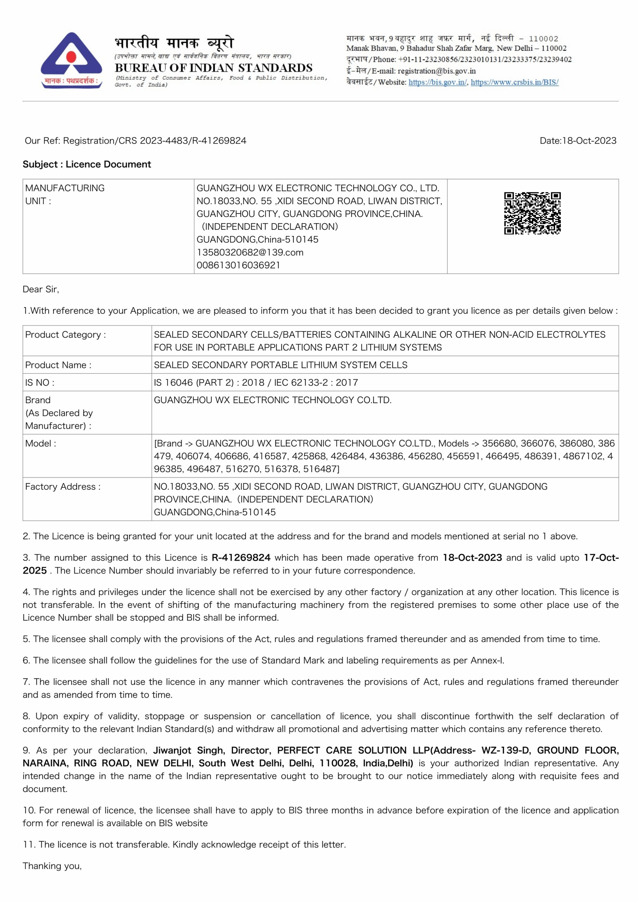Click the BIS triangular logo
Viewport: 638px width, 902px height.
coord(71,60)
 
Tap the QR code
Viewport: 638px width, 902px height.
coord(532,213)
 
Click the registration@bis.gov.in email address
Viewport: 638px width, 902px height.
coord(436,71)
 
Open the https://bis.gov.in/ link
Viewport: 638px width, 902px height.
coord(437,82)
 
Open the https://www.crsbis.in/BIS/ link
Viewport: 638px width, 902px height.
coord(514,82)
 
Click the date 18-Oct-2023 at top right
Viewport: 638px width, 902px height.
coord(589,141)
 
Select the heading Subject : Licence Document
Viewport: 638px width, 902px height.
coord(86,164)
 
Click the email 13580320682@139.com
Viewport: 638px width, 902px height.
coord(250,252)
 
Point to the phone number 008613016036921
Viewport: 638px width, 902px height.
coord(238,265)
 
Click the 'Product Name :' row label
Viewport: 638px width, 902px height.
coord(58,365)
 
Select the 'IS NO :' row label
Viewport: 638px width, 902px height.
coord(40,382)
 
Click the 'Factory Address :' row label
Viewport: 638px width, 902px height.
coord(63,487)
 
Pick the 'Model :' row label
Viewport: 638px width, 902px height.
coord(41,444)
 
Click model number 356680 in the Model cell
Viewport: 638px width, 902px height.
coord(498,444)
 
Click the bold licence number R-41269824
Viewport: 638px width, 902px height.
coord(241,557)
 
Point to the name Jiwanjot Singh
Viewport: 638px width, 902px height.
coord(189,750)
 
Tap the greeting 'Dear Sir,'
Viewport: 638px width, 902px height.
coord(41,290)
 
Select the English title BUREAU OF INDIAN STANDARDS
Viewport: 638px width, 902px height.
coord(214,68)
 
